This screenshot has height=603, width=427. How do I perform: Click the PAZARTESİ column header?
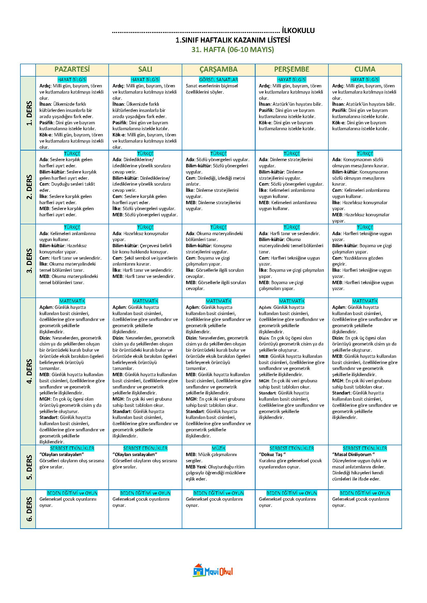point(72,69)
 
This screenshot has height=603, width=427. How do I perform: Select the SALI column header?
point(145,69)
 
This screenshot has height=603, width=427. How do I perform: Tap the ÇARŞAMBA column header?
point(218,69)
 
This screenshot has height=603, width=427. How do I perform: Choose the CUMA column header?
point(365,69)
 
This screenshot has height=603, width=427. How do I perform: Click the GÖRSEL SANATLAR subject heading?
point(218,80)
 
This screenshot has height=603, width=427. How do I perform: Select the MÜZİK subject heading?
point(218,448)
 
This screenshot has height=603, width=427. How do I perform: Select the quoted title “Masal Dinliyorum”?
point(353,454)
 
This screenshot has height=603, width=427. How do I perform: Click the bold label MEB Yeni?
point(197,467)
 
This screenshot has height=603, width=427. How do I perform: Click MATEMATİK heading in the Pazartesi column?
point(72,301)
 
